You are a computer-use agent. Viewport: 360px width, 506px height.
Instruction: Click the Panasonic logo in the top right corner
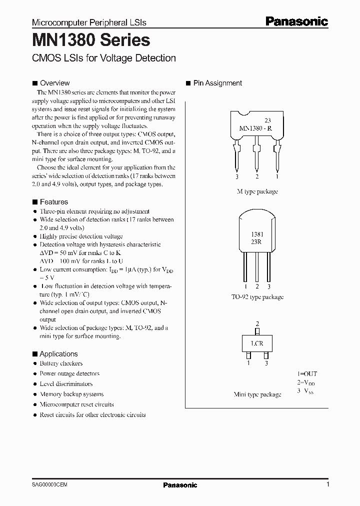pyautogui.click(x=296, y=21)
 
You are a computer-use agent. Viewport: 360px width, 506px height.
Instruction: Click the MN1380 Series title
pyautogui.click(x=90, y=40)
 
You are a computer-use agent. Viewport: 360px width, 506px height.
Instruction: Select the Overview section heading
pyautogui.click(x=54, y=83)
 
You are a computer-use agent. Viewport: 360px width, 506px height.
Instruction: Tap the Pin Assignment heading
pyautogui.click(x=217, y=83)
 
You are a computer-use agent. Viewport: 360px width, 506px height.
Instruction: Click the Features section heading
pyautogui.click(x=53, y=202)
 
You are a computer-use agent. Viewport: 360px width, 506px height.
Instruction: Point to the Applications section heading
pyautogui.click(x=58, y=353)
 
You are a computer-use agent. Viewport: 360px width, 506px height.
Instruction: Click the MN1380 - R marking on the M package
pyautogui.click(x=255, y=128)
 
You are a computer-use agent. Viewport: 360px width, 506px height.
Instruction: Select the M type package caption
pyautogui.click(x=257, y=191)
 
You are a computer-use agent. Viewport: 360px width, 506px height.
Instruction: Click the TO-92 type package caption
pyautogui.click(x=257, y=297)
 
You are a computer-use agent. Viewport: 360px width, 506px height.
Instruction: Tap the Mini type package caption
pyautogui.click(x=257, y=394)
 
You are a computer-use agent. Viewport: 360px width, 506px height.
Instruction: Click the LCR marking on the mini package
pyautogui.click(x=257, y=344)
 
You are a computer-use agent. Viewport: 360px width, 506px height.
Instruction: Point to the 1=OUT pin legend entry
pyautogui.click(x=307, y=373)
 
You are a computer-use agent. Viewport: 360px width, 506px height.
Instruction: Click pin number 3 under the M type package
pyautogui.click(x=237, y=176)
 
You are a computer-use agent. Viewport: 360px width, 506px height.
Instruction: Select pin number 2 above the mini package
pyautogui.click(x=257, y=324)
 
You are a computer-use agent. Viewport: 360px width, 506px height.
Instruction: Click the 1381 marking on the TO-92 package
pyautogui.click(x=257, y=234)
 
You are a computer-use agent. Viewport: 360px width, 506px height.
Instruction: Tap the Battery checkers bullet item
pyautogui.click(x=61, y=363)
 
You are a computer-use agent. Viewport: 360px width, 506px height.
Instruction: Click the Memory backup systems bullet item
pyautogui.click(x=71, y=394)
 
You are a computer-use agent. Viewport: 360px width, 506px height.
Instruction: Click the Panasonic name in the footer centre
pyautogui.click(x=180, y=485)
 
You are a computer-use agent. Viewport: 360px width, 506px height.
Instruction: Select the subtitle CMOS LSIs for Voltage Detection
pyautogui.click(x=103, y=58)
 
